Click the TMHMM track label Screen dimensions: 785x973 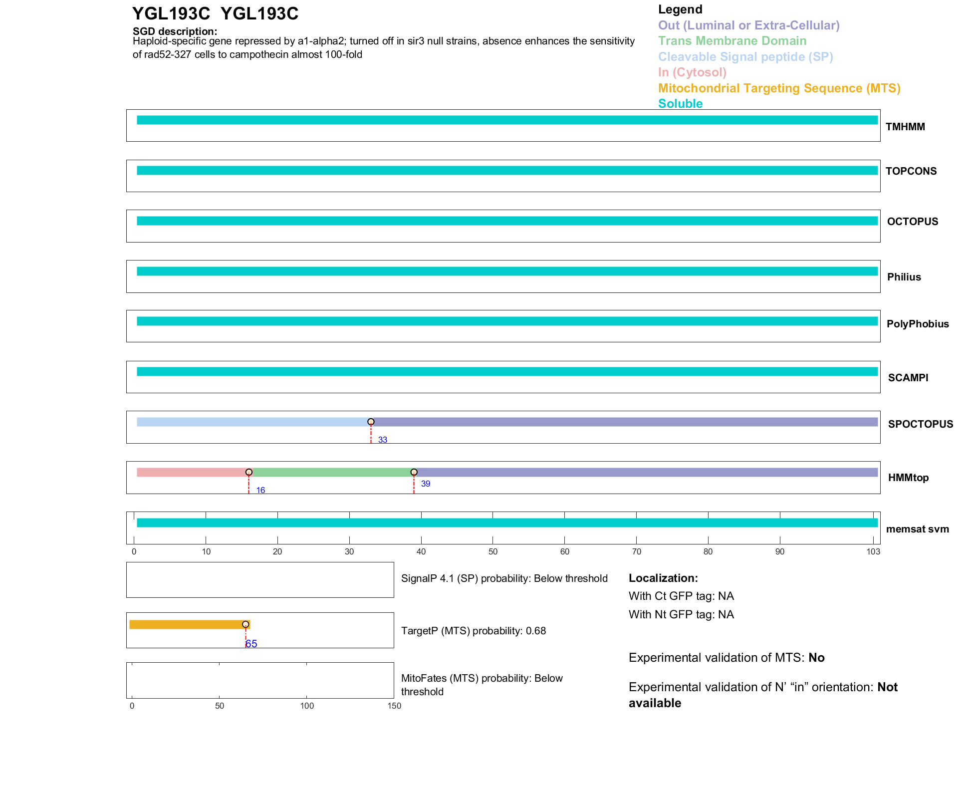[x=905, y=127]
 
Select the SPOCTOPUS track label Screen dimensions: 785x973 [x=920, y=424]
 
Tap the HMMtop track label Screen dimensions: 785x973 [x=908, y=478]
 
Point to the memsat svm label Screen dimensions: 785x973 [x=917, y=529]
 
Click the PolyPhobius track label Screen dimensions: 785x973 [x=917, y=324]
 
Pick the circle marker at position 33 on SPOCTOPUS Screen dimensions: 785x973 [x=371, y=422]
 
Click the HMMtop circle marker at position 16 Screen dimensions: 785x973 [x=249, y=472]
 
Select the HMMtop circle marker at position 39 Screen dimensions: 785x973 [x=414, y=472]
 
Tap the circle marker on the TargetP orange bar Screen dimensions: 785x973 [x=245, y=624]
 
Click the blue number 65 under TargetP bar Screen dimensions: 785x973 [x=251, y=644]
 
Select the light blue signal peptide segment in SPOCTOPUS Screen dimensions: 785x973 [x=252, y=422]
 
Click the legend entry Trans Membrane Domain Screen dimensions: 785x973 [x=732, y=41]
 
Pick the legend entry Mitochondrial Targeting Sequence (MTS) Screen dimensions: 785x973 [x=779, y=88]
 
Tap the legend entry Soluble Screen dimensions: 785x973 [x=680, y=104]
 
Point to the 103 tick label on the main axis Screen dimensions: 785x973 [x=873, y=551]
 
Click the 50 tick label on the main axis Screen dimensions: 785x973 [x=493, y=551]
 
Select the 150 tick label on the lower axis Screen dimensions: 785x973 [x=394, y=706]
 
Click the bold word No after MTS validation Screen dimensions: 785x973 [x=816, y=658]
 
